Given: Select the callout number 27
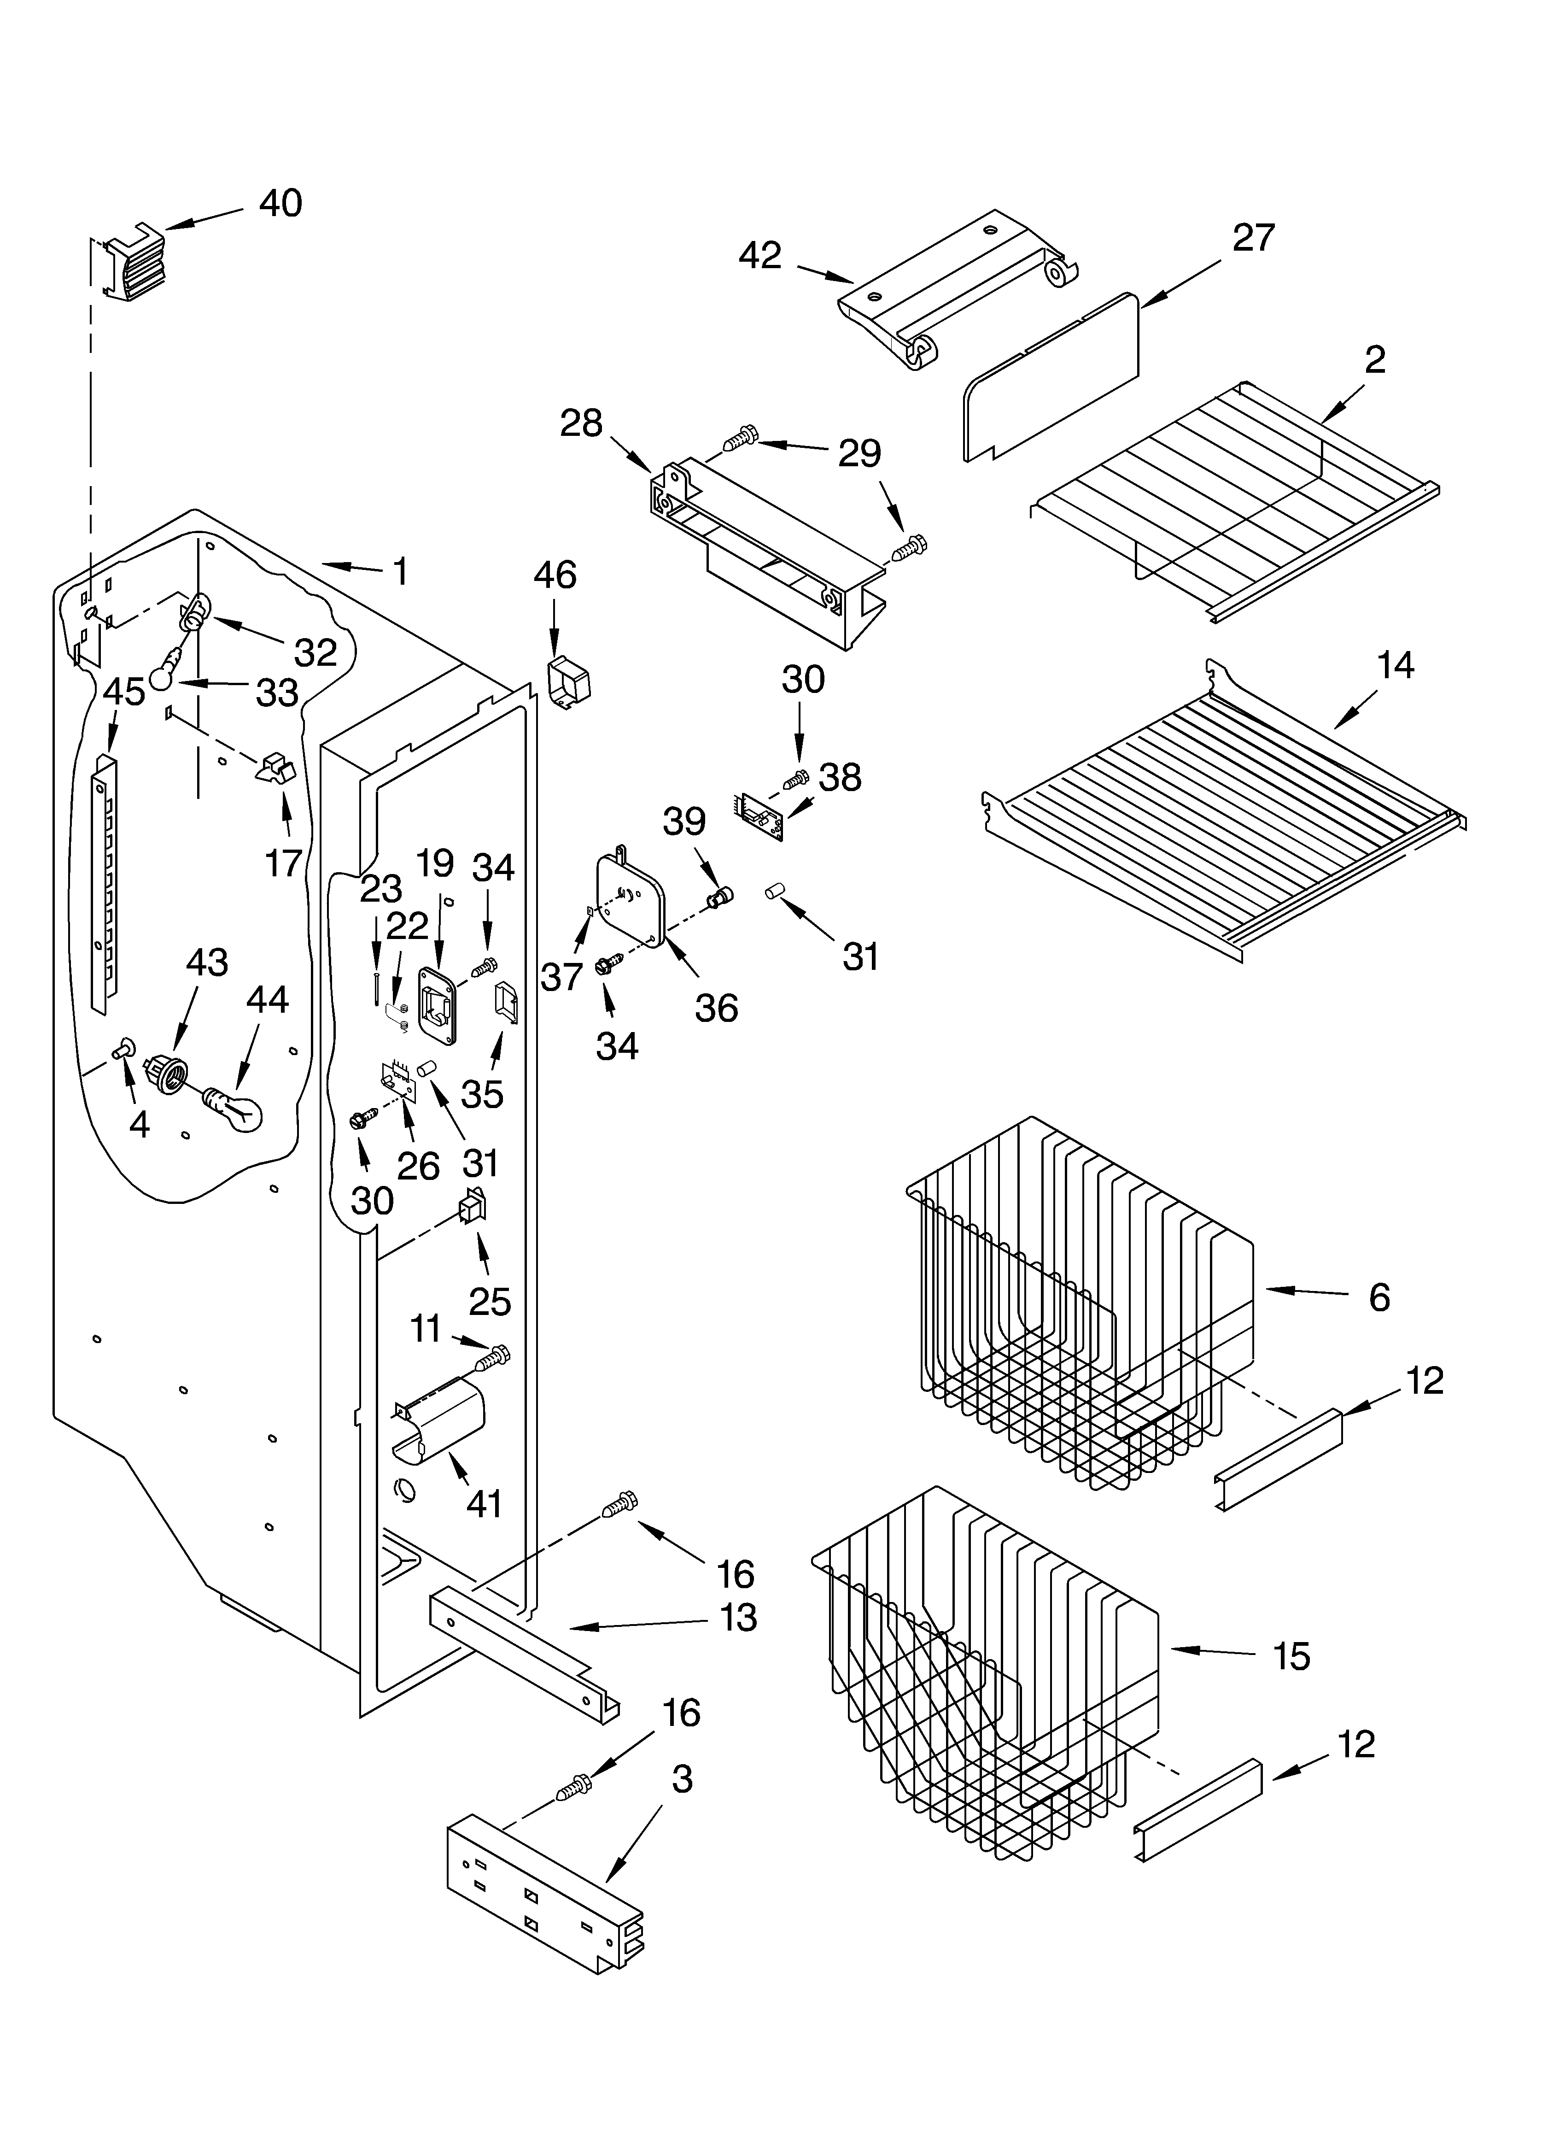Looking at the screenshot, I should click(x=1254, y=238).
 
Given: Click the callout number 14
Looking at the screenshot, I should click(x=1396, y=666).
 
